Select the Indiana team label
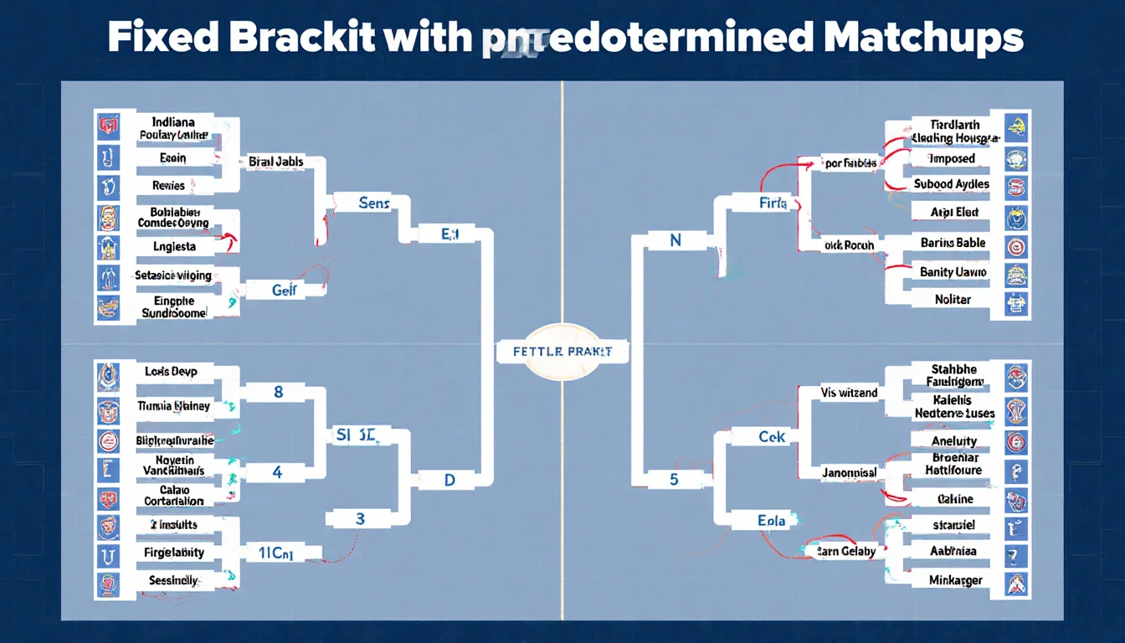tap(173, 128)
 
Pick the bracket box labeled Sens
tap(373, 203)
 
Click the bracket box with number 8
tap(278, 391)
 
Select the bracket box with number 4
tap(278, 472)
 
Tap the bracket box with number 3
tap(360, 518)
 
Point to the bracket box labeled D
tap(449, 481)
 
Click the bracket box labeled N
tap(676, 241)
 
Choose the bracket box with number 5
tap(674, 480)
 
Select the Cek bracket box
tap(771, 437)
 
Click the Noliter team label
tap(953, 299)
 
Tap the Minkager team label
tap(955, 579)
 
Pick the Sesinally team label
tap(173, 579)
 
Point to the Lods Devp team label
tap(172, 371)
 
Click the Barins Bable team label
tap(953, 243)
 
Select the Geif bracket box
tap(284, 290)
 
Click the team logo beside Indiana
tap(109, 127)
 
